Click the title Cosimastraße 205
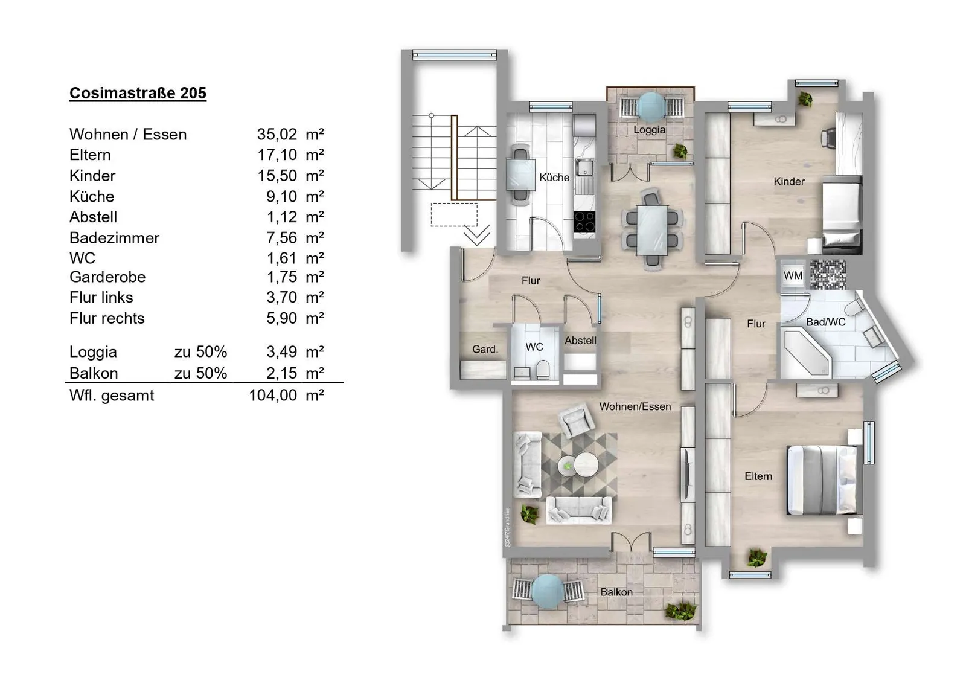(x=138, y=93)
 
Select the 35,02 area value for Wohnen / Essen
(x=277, y=135)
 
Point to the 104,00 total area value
(x=273, y=395)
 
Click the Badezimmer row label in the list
(x=114, y=238)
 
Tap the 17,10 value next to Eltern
(x=277, y=155)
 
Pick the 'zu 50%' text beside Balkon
(x=200, y=373)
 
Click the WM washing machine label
(x=793, y=275)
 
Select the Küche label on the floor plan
(x=554, y=178)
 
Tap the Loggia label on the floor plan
(x=649, y=130)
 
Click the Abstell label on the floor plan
(x=580, y=341)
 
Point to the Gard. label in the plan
(x=485, y=349)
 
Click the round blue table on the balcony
(x=548, y=591)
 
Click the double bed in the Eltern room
(x=822, y=480)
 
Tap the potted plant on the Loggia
(x=680, y=152)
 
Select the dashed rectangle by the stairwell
(x=454, y=214)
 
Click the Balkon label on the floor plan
(x=616, y=592)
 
